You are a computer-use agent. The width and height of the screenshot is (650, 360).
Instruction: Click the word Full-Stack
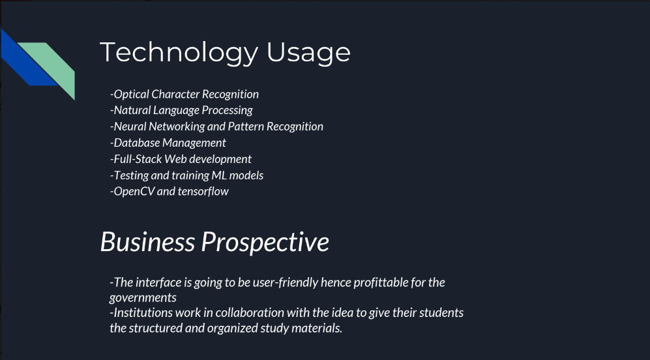(137, 159)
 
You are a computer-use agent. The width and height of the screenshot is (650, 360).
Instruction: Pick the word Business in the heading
(147, 242)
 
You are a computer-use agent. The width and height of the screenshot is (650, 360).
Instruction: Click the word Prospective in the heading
(265, 243)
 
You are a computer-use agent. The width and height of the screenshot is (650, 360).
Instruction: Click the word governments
(143, 298)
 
